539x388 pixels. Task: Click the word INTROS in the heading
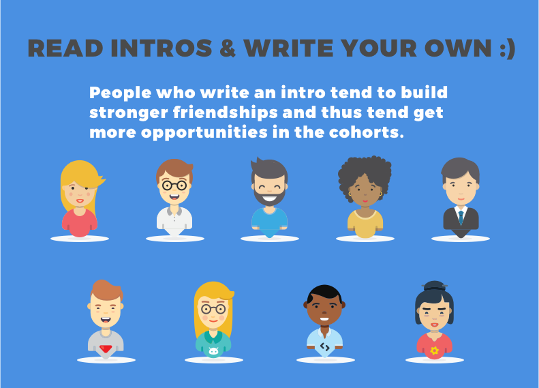click(161, 48)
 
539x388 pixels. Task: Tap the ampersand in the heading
click(227, 48)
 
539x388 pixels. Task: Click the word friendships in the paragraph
click(225, 113)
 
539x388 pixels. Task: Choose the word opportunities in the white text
click(204, 133)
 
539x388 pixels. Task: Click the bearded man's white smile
click(270, 198)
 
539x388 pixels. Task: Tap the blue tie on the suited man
click(461, 217)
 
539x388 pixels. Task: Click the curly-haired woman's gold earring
click(381, 194)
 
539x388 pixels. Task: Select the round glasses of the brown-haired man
click(174, 185)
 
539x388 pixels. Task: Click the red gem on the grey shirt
click(106, 349)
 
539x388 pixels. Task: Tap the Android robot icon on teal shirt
click(213, 351)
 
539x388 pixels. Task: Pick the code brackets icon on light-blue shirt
click(325, 346)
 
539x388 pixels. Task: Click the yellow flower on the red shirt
click(435, 350)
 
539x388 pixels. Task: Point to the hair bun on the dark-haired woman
click(435, 286)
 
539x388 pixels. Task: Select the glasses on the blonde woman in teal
click(213, 309)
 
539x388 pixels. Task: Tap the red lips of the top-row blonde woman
click(80, 201)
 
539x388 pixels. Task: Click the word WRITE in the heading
click(289, 48)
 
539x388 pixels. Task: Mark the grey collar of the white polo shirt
click(174, 211)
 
